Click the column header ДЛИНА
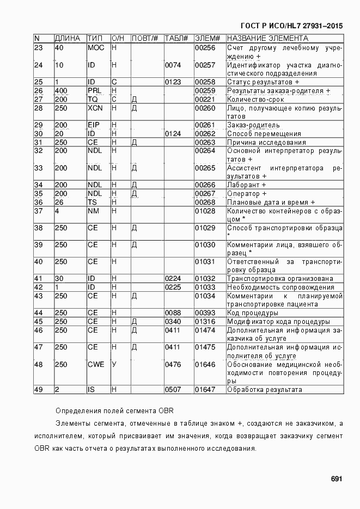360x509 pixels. pyautogui.click(x=68, y=39)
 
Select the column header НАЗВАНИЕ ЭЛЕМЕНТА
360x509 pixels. pyautogui.click(x=267, y=39)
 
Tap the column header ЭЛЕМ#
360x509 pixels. pyautogui.click(x=207, y=39)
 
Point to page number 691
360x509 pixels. pyautogui.click(x=336, y=479)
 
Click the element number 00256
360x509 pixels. pyautogui.click(x=205, y=48)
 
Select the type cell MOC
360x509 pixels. pyautogui.click(x=95, y=48)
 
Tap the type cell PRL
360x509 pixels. pyautogui.click(x=95, y=91)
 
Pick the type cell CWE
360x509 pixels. pyautogui.click(x=96, y=364)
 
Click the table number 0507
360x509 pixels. pyautogui.click(x=173, y=389)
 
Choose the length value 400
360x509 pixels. pyautogui.click(x=61, y=91)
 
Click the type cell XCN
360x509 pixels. pyautogui.click(x=95, y=108)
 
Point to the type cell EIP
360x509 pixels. pyautogui.click(x=94, y=125)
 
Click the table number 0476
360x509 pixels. pyautogui.click(x=173, y=364)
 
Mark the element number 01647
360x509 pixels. pyautogui.click(x=205, y=389)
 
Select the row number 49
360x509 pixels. pyautogui.click(x=38, y=389)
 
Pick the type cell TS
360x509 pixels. pyautogui.click(x=92, y=202)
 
